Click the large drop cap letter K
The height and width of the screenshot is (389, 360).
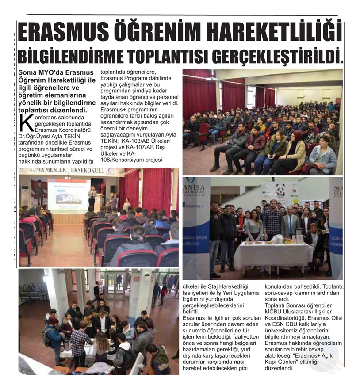[x=27, y=123]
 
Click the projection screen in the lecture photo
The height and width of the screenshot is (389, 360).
[x=69, y=194]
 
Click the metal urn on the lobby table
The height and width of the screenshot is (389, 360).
[x=68, y=343]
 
